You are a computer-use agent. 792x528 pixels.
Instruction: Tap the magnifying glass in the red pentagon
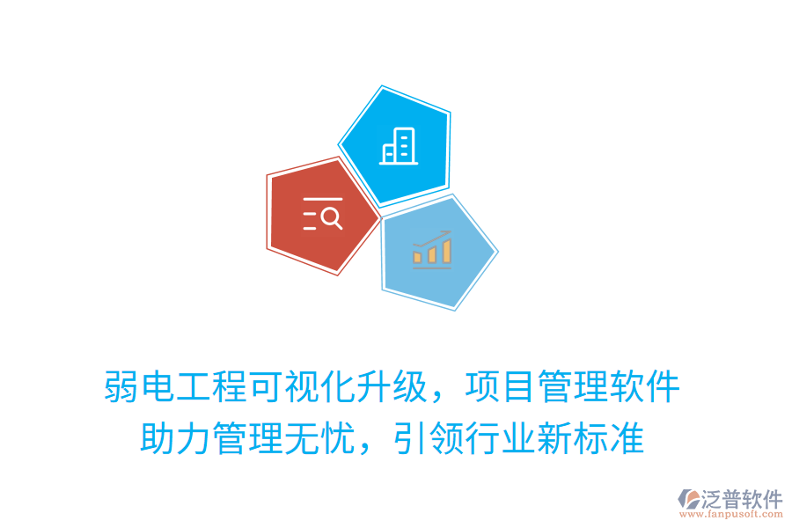pyautogui.click(x=332, y=216)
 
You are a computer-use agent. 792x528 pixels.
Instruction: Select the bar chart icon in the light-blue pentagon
pyautogui.click(x=432, y=250)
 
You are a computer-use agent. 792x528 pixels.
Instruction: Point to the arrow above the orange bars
pyautogui.click(x=432, y=238)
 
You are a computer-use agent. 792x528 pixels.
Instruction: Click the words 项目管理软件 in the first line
pyautogui.click(x=573, y=387)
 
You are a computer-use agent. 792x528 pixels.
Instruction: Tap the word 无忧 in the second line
pyautogui.click(x=320, y=438)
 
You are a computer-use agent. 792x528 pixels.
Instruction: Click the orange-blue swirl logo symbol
pyautogui.click(x=689, y=502)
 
